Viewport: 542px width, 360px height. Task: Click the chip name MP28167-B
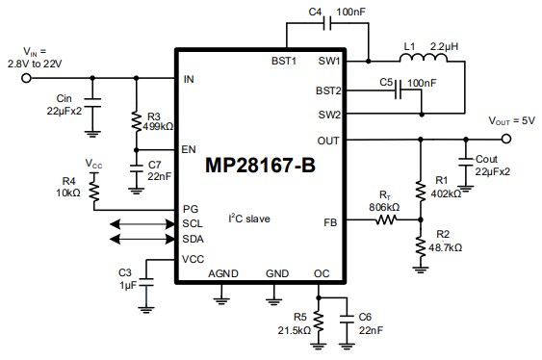pos(260,165)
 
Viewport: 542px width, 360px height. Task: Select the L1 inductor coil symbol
pos(423,61)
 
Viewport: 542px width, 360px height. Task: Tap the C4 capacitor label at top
pos(316,12)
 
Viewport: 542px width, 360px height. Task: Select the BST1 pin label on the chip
pos(286,60)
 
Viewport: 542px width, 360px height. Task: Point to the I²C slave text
pos(248,219)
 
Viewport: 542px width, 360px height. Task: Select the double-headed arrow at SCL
pos(142,223)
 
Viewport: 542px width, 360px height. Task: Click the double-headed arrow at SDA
pos(142,239)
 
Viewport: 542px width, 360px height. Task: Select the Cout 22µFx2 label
pos(493,165)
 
